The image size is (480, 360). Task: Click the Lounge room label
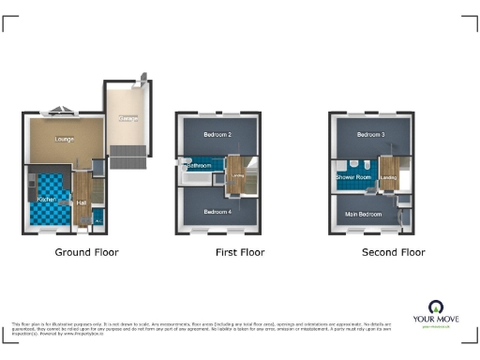(65, 140)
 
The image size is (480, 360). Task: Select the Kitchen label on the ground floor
(47, 200)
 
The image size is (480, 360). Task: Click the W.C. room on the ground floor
(98, 221)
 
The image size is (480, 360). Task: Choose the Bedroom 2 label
(217, 134)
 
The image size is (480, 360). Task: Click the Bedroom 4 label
(217, 212)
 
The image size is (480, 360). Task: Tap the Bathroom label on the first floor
(197, 166)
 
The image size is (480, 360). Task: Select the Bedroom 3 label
(370, 134)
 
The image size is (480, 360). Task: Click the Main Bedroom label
(363, 215)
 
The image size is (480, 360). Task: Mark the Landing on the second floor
(389, 176)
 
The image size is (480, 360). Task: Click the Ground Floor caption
(85, 253)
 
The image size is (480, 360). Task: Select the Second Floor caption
(393, 253)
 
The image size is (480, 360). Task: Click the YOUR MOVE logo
(436, 313)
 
